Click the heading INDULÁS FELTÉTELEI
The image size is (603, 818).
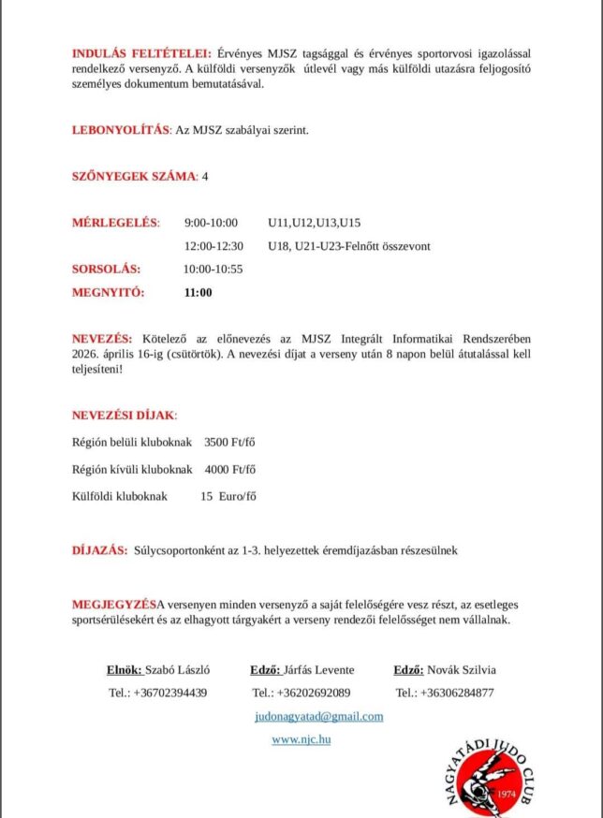(141, 52)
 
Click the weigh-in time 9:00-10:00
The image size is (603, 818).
(211, 223)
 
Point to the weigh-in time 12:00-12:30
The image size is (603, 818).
(213, 246)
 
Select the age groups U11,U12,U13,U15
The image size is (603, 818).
(314, 223)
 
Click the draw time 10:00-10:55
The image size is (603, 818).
(213, 269)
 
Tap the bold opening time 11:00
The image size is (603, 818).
(198, 292)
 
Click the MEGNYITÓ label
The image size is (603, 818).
(109, 292)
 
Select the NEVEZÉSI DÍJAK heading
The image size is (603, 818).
(125, 415)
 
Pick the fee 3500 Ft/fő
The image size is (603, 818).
(230, 442)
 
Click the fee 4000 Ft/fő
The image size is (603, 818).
(230, 469)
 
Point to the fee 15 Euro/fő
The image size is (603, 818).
(228, 496)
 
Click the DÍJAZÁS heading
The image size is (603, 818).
(99, 550)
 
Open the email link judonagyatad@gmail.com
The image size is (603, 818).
(318, 716)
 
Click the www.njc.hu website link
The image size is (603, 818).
(301, 739)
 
